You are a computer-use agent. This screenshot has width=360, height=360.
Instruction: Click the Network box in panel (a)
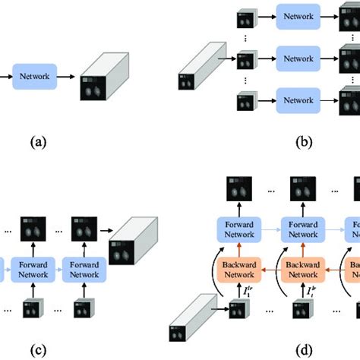click(33, 76)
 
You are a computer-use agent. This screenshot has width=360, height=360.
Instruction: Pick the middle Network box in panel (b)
click(298, 58)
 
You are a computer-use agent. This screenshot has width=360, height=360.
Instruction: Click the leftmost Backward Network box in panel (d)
click(239, 270)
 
